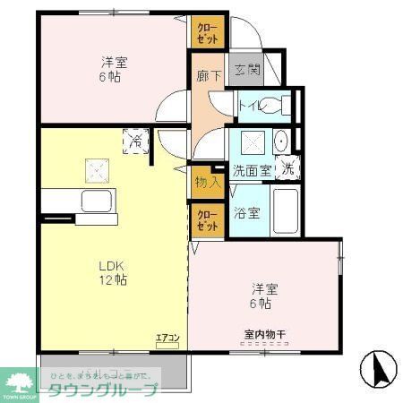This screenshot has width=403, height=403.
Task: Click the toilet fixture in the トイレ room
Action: [x=283, y=104]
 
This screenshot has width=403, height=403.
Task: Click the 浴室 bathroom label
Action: [x=247, y=213]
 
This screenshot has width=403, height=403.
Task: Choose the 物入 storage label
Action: [x=206, y=182]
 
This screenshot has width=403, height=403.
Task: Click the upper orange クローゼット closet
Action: [x=207, y=32]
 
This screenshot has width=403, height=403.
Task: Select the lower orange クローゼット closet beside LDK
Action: [x=207, y=220]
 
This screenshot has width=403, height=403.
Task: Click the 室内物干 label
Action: [x=264, y=335]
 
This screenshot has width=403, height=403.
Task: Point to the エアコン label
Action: [x=167, y=338]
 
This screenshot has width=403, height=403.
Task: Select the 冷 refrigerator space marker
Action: [x=135, y=141]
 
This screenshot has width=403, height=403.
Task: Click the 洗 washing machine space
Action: [x=288, y=167]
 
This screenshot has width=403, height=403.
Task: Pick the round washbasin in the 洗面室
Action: [x=279, y=141]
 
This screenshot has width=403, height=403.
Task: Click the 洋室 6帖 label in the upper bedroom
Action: [x=114, y=70]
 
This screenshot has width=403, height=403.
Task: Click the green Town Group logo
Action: [x=19, y=382]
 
